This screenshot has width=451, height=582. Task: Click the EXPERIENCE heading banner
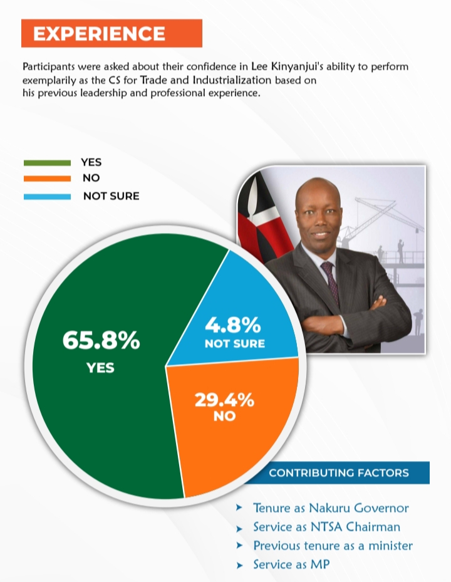point(111,33)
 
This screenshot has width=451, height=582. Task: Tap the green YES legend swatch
point(47,163)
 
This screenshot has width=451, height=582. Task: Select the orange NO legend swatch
point(47,179)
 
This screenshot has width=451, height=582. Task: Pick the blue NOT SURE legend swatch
point(47,196)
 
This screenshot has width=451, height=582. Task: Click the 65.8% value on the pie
point(101,341)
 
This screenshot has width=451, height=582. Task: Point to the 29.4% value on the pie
point(224,399)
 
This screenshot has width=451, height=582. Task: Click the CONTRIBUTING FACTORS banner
point(338,472)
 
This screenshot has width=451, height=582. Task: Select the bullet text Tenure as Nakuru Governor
point(331,508)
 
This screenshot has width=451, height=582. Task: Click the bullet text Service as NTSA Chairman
point(326,527)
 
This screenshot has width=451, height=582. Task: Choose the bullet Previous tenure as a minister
point(333,546)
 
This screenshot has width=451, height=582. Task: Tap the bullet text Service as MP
point(291,564)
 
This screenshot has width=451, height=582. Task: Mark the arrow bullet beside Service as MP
point(239,565)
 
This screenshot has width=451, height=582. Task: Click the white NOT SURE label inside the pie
point(234,343)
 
